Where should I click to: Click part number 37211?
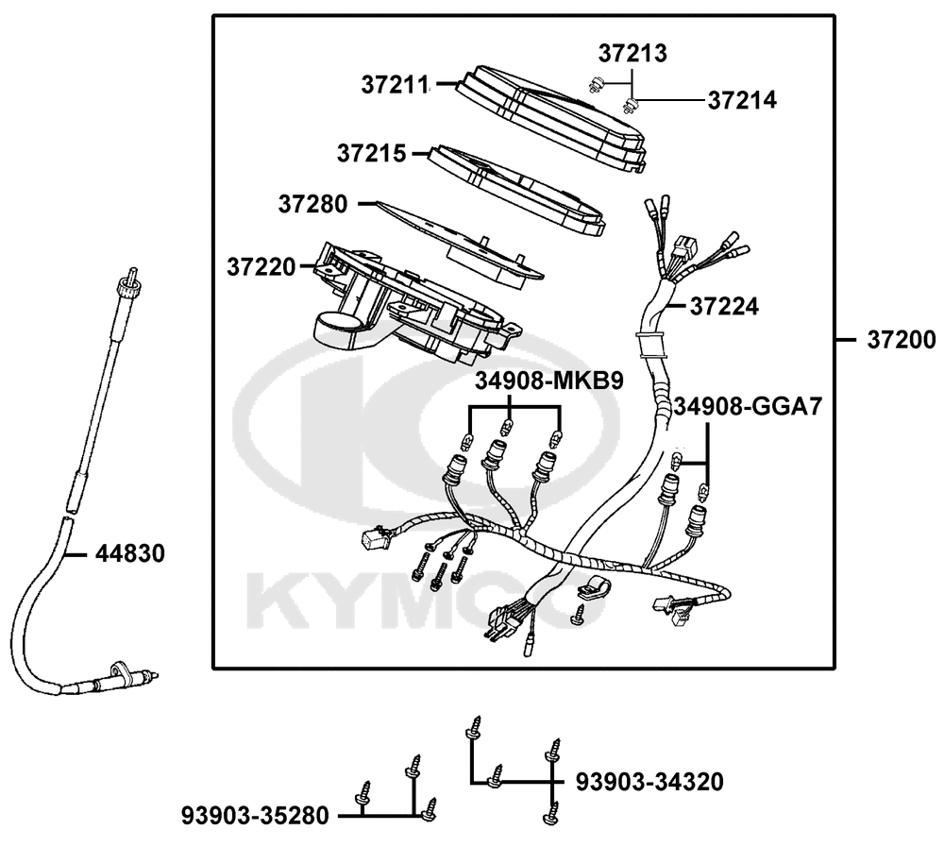[x=395, y=85]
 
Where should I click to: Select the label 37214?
[x=742, y=101]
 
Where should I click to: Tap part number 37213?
[x=632, y=54]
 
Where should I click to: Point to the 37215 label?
[x=371, y=153]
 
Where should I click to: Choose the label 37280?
[x=312, y=204]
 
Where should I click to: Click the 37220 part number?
[x=261, y=266]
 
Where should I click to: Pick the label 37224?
[x=724, y=307]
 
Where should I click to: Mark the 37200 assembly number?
[x=902, y=340]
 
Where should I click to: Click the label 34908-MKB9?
[x=549, y=381]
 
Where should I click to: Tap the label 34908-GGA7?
[x=747, y=407]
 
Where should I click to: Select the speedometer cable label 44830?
[x=130, y=553]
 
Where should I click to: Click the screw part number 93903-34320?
[x=649, y=782]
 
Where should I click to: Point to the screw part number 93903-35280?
[x=255, y=816]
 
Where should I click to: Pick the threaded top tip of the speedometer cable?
[x=132, y=273]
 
